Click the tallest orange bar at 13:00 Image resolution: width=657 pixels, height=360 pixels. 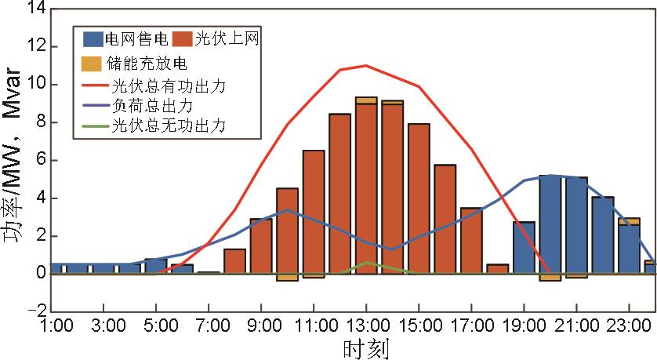(366, 188)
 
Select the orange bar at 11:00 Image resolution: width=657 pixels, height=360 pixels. (314, 212)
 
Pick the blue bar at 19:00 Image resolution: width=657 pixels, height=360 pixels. (524, 248)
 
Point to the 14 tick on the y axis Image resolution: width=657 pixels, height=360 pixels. (34, 9)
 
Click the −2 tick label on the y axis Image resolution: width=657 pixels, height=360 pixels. (31, 311)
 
